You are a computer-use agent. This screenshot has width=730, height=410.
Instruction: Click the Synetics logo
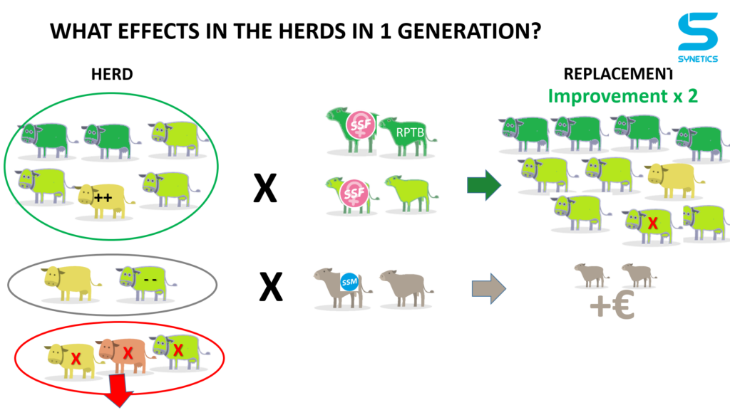(x=697, y=37)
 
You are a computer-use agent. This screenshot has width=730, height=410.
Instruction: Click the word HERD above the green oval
(x=112, y=74)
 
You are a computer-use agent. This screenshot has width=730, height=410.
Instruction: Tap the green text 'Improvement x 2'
(x=622, y=96)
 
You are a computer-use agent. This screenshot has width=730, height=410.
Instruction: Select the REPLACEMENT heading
(x=618, y=74)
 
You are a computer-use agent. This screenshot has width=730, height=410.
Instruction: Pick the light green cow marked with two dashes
(x=145, y=282)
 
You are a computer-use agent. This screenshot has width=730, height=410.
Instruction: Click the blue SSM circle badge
(x=349, y=282)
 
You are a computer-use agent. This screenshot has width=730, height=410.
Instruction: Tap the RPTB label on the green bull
(x=410, y=132)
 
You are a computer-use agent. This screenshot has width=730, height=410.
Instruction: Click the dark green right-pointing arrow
(x=484, y=185)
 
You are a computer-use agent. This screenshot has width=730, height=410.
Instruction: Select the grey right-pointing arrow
(x=489, y=289)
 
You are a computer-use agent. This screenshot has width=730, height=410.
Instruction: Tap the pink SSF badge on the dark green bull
(x=360, y=125)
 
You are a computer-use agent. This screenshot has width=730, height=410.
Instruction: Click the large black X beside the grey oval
(x=271, y=286)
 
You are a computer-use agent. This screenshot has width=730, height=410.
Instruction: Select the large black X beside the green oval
(x=265, y=188)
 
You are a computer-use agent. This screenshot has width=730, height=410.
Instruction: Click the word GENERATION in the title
(x=469, y=31)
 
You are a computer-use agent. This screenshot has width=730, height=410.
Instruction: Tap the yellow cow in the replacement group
(x=674, y=179)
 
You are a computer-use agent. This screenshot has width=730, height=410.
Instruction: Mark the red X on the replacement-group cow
(x=653, y=224)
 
